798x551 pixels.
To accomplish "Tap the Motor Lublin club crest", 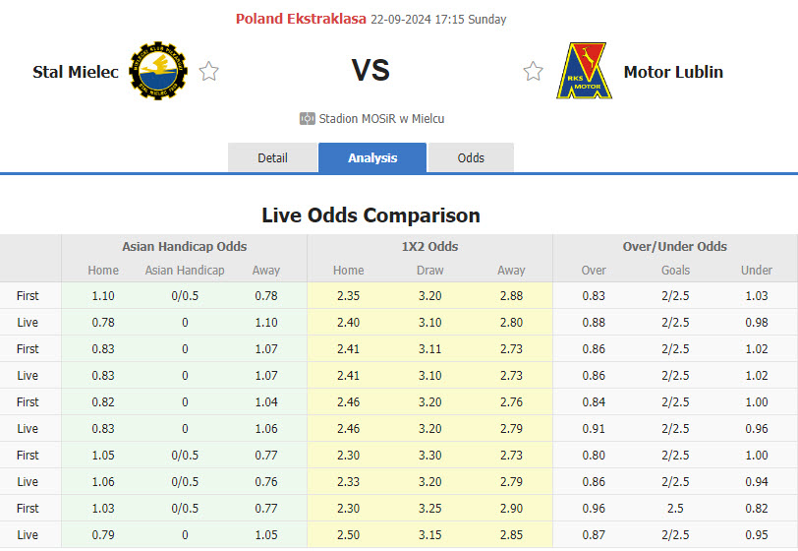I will coord(582,71).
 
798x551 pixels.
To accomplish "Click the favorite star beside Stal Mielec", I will coord(208,71).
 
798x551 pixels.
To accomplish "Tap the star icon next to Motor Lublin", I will coord(533,71).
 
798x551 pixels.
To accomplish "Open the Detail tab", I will coord(272,157).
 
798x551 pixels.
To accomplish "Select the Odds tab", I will coord(471,157).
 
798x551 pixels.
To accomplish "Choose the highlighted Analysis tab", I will coord(372,157).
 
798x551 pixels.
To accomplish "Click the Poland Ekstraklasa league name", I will coord(301,19).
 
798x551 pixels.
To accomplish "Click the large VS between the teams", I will coord(370,71).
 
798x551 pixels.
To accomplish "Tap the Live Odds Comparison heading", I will coord(370,214).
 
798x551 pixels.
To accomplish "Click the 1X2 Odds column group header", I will coord(429,246).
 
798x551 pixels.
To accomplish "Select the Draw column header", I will coord(429,270).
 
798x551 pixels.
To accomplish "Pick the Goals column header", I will coord(675,270).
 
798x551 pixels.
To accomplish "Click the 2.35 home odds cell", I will coord(348,295).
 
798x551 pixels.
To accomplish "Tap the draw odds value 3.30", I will coord(429,455).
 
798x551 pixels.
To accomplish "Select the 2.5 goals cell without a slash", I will coord(675,508).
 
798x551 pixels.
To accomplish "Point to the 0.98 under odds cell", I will coord(756,322).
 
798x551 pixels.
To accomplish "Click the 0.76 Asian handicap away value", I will coord(265,481).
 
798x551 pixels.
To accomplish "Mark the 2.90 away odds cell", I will coord(510,508).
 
